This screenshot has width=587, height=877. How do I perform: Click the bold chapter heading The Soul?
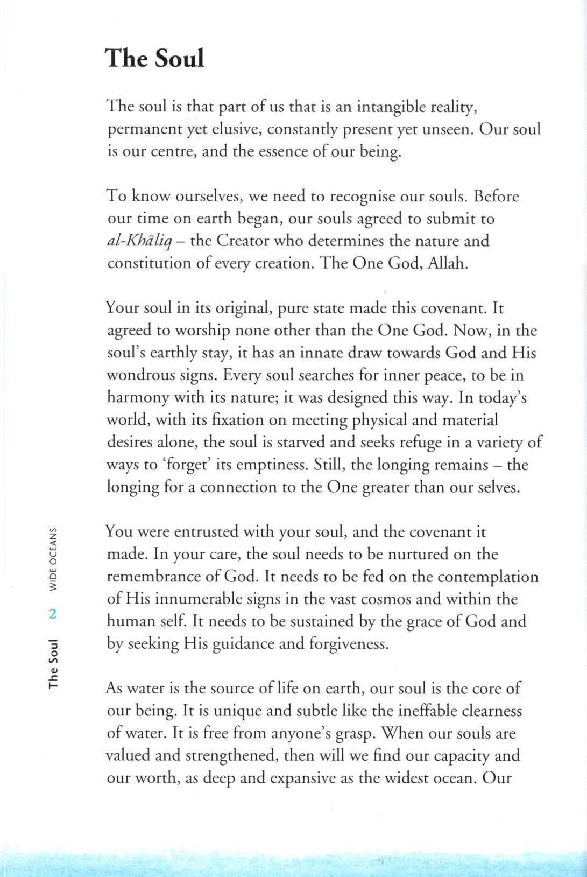[x=155, y=58]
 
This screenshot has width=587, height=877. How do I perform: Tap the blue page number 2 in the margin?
[x=53, y=614]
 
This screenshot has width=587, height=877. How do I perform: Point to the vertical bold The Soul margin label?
[x=53, y=663]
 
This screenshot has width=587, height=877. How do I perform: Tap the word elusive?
[x=236, y=129]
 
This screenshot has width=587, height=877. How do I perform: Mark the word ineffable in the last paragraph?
[x=428, y=711]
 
